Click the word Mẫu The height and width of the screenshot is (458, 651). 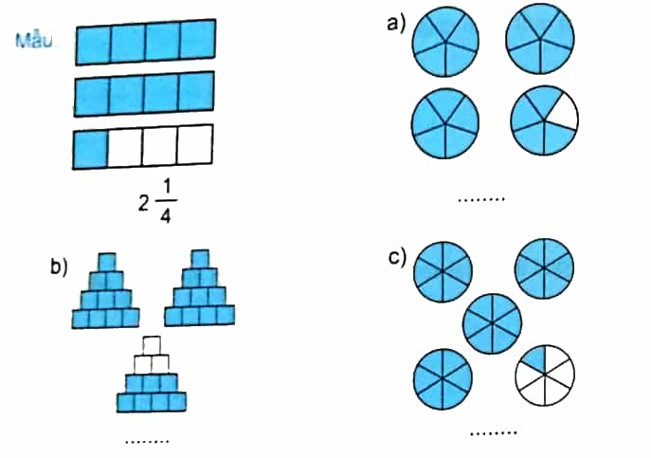(34, 41)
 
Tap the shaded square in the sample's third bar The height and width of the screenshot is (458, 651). (90, 150)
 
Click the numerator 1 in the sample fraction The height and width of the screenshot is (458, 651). (166, 190)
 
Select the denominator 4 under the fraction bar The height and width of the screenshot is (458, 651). (165, 215)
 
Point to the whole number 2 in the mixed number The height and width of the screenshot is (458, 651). (144, 203)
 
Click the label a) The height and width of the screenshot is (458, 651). (396, 24)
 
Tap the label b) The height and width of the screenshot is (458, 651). (59, 266)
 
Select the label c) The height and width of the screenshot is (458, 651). (397, 258)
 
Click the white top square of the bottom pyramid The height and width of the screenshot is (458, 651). (151, 345)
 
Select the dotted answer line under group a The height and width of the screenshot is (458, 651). (481, 199)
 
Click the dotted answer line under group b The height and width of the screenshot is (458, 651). (147, 441)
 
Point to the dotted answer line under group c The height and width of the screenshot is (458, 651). (494, 433)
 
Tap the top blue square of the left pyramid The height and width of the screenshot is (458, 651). (107, 263)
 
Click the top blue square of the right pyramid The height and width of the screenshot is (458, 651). (200, 259)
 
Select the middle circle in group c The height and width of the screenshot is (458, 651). (493, 323)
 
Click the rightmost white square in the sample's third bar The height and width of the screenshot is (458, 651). (195, 144)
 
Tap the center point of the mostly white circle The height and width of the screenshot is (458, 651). (545, 375)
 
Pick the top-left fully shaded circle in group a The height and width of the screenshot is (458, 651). (445, 42)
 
